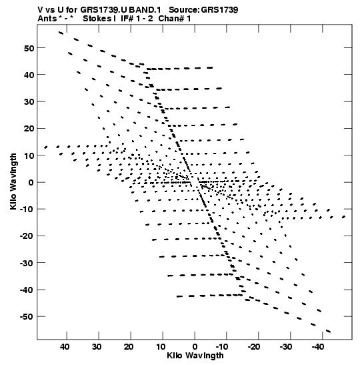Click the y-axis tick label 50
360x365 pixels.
[29, 48]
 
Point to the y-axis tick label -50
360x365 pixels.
[27, 317]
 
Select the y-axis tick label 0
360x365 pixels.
[31, 183]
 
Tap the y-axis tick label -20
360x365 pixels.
[27, 236]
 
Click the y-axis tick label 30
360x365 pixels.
[29, 101]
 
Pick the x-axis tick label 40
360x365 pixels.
[65, 347]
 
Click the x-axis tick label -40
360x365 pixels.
[318, 347]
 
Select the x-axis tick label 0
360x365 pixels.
[195, 347]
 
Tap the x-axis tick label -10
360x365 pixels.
[222, 347]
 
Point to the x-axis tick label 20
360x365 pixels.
[129, 347]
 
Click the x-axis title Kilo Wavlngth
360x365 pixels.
[195, 356]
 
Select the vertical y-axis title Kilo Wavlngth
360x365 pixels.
[13, 181]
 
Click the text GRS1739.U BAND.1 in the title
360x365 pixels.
[121, 10]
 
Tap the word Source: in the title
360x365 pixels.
[184, 10]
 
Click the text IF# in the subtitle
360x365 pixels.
[127, 19]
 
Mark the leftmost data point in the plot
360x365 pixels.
[46, 147]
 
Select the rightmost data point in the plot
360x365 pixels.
[343, 217]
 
